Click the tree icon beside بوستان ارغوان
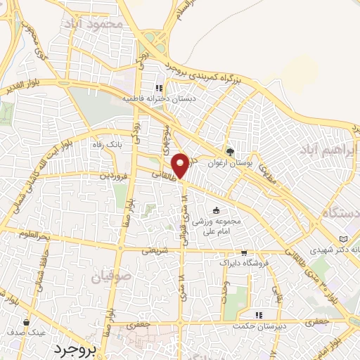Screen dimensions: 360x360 click(230, 151)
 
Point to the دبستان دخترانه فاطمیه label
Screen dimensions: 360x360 click(160, 99)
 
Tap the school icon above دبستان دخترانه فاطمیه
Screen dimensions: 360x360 click(160, 88)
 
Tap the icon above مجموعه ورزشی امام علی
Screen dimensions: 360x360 click(216, 210)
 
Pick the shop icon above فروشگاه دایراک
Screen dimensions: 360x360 click(244, 253)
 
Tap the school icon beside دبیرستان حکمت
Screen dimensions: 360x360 click(259, 315)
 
